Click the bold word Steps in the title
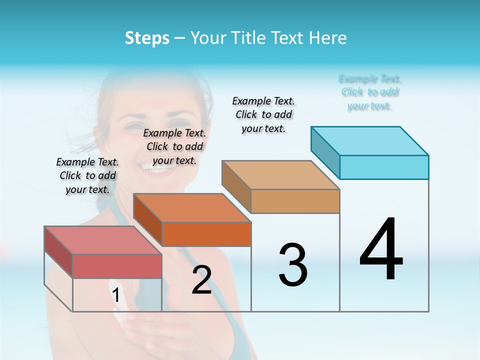click(147, 38)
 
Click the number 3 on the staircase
click(293, 265)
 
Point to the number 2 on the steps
click(201, 280)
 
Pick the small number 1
click(116, 295)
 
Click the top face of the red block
click(102, 240)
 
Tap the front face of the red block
click(117, 266)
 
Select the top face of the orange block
click(191, 207)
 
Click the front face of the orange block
click(206, 234)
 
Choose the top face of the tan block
click(280, 175)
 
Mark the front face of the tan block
click(295, 201)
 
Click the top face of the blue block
click(369, 140)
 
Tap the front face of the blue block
click(384, 167)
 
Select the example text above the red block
click(87, 175)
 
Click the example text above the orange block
click(174, 146)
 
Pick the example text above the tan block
click(263, 114)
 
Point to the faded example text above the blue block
click(370, 92)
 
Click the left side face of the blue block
click(325, 150)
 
